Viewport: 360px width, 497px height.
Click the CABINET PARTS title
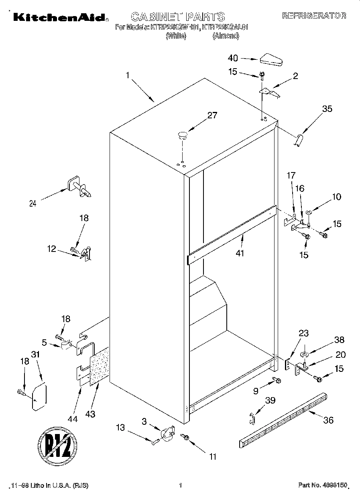[178, 16]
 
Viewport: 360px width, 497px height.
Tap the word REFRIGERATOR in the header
[314, 16]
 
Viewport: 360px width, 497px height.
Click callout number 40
[233, 58]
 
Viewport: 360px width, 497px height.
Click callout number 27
[212, 115]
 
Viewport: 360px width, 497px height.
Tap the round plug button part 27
[183, 135]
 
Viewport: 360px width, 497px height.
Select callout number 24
[33, 203]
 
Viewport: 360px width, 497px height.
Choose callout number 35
[327, 108]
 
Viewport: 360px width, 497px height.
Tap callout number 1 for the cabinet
[128, 75]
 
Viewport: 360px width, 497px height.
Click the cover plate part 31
[39, 397]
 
